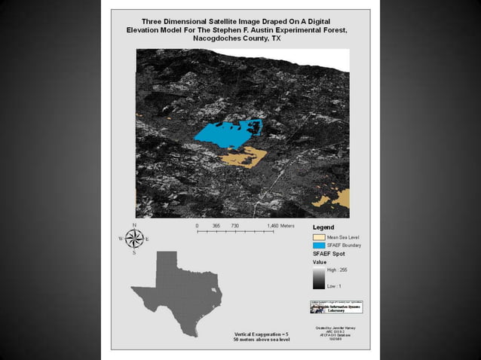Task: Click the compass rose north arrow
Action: [135, 239]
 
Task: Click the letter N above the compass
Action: [135, 225]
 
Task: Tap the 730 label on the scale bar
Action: [234, 226]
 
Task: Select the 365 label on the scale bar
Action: [216, 226]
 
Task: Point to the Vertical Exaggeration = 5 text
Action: [262, 334]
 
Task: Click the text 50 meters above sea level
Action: [262, 340]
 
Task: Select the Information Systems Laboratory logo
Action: [336, 307]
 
